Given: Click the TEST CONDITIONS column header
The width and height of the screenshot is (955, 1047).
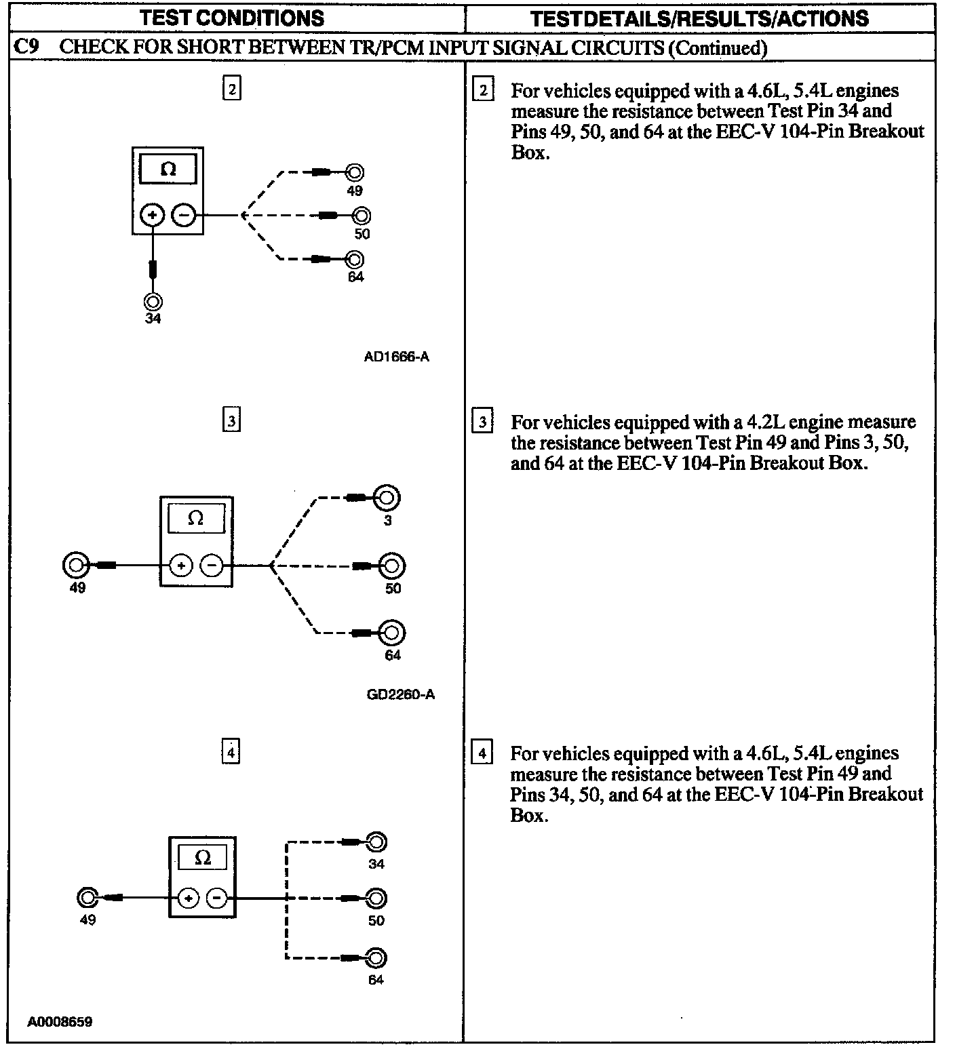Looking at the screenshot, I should pyautogui.click(x=232, y=18).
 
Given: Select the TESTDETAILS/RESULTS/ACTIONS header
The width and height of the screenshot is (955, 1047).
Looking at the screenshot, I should pyautogui.click(x=699, y=18).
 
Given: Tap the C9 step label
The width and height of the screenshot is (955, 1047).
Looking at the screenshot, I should pyautogui.click(x=26, y=47).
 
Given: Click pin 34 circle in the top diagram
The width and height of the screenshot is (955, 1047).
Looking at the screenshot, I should pyautogui.click(x=153, y=301).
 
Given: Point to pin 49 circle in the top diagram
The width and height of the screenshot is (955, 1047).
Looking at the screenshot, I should pyautogui.click(x=354, y=172).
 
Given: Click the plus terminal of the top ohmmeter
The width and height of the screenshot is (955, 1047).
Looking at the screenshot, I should pyautogui.click(x=153, y=216).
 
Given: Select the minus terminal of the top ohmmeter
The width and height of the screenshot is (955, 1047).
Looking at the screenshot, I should pyautogui.click(x=184, y=216).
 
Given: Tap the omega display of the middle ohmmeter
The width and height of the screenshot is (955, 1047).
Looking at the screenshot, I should pyautogui.click(x=195, y=519).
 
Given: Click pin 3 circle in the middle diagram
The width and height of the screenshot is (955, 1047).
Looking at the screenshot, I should pyautogui.click(x=387, y=498).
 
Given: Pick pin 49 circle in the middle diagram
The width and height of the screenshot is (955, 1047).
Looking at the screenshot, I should pyautogui.click(x=75, y=565).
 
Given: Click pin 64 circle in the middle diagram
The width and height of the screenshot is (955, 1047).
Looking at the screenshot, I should pyautogui.click(x=392, y=633).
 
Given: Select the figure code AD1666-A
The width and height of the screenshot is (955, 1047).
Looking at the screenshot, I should pyautogui.click(x=396, y=356).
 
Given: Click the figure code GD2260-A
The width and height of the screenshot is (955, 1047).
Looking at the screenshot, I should pyautogui.click(x=400, y=694).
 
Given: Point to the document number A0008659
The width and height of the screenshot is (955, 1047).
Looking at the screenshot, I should pyautogui.click(x=60, y=1022).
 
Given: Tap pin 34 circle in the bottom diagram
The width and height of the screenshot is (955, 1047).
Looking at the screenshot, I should pyautogui.click(x=376, y=842).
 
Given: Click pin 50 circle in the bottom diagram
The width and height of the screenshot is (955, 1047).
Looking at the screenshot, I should pyautogui.click(x=376, y=898).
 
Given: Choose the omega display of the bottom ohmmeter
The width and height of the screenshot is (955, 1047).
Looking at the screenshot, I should pyautogui.click(x=202, y=858).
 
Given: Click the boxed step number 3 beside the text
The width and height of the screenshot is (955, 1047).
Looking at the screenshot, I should pyautogui.click(x=482, y=422).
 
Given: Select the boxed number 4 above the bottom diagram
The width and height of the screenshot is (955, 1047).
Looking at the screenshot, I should pyautogui.click(x=231, y=753).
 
